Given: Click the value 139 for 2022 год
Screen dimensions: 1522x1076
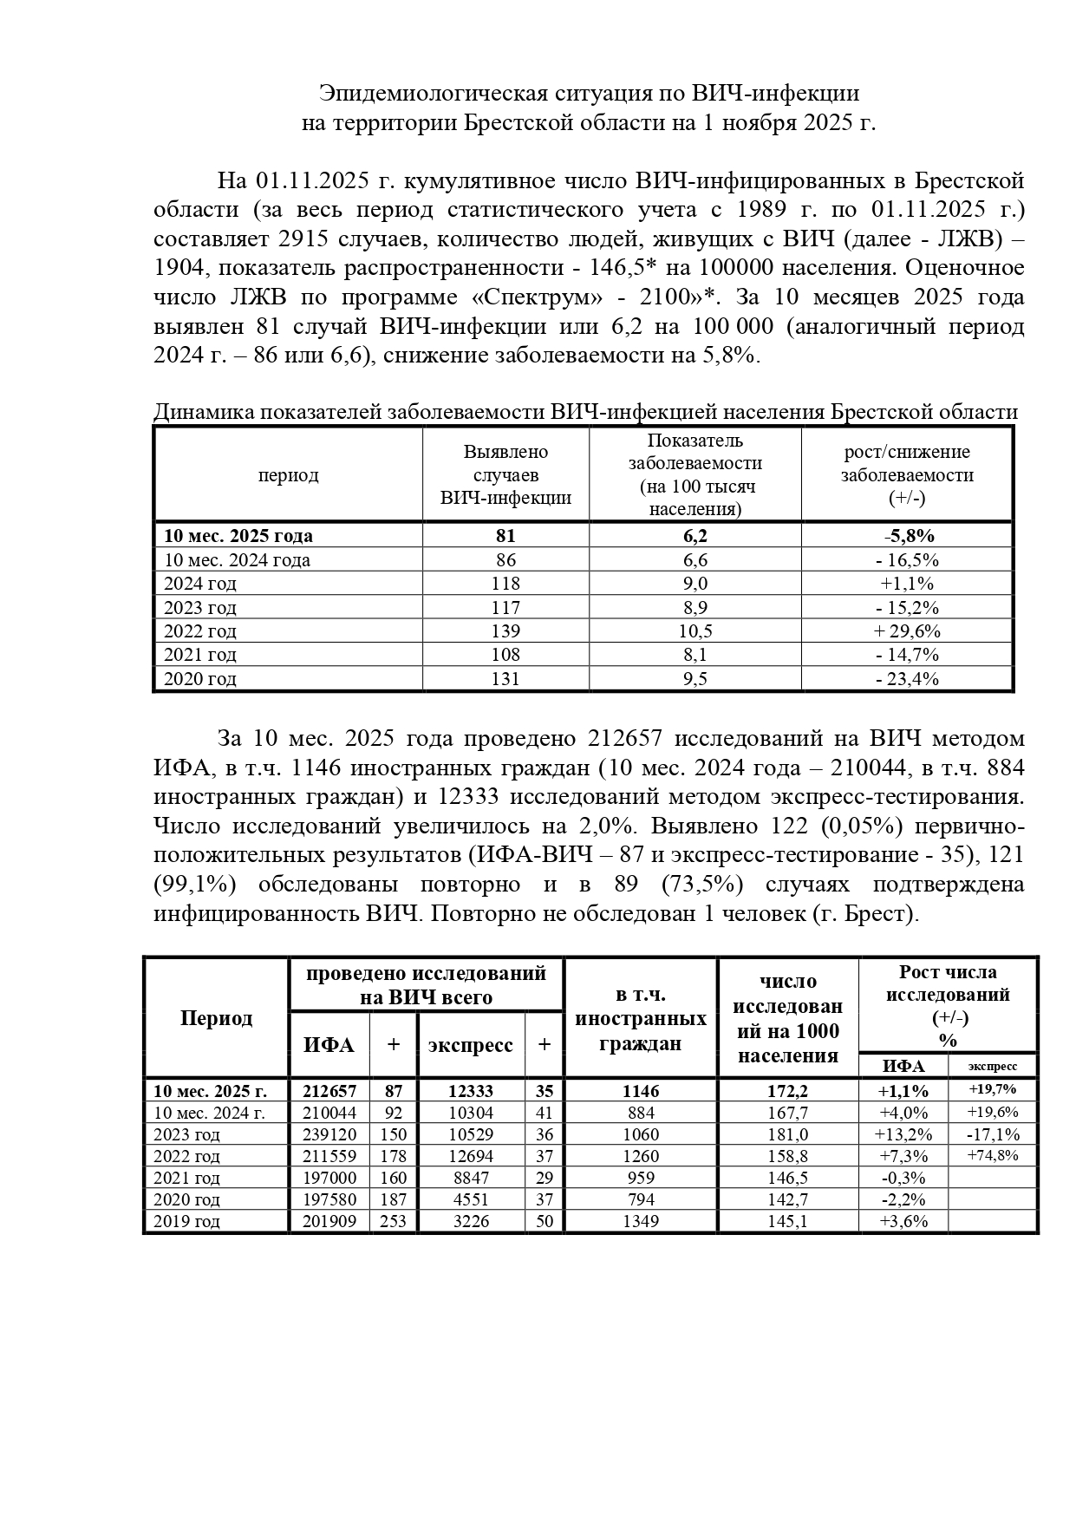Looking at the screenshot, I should pyautogui.click(x=505, y=631).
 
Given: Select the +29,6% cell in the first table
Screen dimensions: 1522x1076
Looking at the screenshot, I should pyautogui.click(x=907, y=631).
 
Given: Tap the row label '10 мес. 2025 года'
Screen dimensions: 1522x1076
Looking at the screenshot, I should pyautogui.click(x=238, y=536).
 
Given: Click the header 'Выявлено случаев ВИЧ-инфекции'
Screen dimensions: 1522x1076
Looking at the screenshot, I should pyautogui.click(x=505, y=474).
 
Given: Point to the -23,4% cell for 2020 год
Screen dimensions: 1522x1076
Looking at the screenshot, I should pyautogui.click(x=907, y=679).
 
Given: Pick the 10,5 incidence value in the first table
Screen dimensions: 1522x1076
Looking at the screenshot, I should pyautogui.click(x=695, y=631).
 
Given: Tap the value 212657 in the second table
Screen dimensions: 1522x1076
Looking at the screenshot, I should pyautogui.click(x=329, y=1091).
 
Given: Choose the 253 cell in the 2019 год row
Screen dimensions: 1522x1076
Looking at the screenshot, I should pyautogui.click(x=393, y=1221).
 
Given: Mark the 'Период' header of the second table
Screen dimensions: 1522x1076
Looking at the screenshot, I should pyautogui.click(x=216, y=1017).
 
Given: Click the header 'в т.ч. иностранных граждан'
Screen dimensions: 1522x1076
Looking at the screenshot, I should pyautogui.click(x=641, y=1018).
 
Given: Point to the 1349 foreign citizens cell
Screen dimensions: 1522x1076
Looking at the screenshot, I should pyautogui.click(x=641, y=1221).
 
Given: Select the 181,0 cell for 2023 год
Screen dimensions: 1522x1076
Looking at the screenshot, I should pyautogui.click(x=788, y=1134).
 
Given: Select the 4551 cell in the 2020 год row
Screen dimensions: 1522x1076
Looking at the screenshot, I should pyautogui.click(x=471, y=1199).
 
